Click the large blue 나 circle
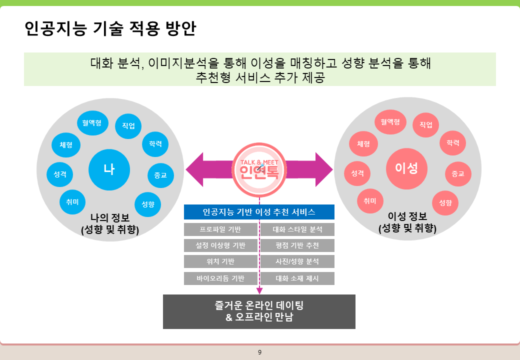109,169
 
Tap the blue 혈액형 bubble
92,122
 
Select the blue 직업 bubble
128,125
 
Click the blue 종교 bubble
160,175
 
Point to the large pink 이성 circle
406,168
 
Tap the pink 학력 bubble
452,143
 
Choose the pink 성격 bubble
357,173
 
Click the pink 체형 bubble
363,144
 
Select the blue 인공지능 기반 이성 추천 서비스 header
259,212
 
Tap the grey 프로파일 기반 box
220,230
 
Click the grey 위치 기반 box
220,261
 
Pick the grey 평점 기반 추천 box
297,245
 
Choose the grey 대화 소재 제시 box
297,278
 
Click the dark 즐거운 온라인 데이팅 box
259,311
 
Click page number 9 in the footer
259,352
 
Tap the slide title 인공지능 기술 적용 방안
110,28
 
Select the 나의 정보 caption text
109,217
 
